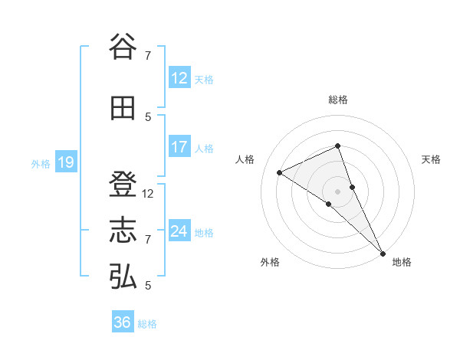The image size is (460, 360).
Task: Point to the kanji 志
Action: click(123, 231)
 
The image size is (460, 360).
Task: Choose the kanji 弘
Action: click(123, 277)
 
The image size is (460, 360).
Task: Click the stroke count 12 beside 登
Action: click(149, 194)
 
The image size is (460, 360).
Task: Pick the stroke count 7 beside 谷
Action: click(148, 55)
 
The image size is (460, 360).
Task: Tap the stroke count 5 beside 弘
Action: click(148, 286)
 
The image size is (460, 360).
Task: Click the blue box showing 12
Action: click(179, 78)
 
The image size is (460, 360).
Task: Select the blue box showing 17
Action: click(179, 147)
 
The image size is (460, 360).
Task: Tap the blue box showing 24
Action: click(179, 231)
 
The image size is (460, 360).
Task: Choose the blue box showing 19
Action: click(65, 162)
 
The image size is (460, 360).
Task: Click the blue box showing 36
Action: click(122, 322)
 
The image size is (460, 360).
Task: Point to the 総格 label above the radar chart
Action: click(338, 100)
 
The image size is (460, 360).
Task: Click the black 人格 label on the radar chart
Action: click(245, 159)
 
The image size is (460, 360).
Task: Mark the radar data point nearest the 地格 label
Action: click(382, 252)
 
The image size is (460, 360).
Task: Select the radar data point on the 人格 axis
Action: click(280, 172)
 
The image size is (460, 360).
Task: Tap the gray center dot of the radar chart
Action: click(338, 191)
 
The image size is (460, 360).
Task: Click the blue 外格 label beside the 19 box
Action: click(40, 163)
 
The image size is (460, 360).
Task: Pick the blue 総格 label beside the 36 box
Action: click(147, 324)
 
